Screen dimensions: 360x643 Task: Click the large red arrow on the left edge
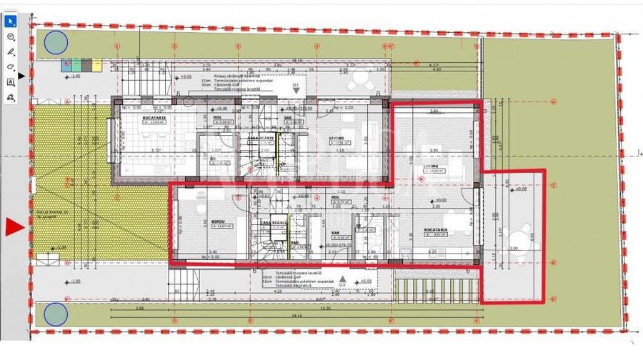(15, 227)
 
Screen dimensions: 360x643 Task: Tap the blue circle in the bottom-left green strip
(54, 314)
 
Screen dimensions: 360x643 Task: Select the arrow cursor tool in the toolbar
(11, 20)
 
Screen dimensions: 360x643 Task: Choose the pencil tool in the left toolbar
(11, 51)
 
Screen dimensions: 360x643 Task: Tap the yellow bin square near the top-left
(96, 64)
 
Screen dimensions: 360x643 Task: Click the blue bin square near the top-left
(64, 64)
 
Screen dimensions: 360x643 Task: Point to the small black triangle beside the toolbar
(21, 74)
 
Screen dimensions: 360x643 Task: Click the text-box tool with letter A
(11, 82)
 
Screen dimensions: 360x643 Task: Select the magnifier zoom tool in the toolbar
(11, 36)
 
